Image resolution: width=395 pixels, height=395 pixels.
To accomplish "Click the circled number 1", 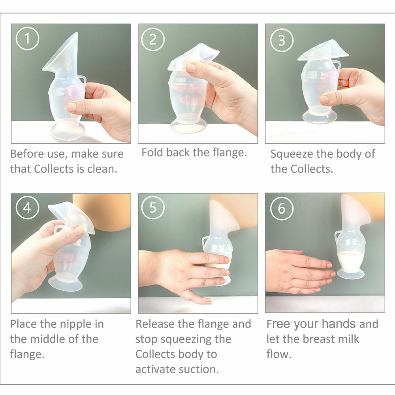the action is pos(27,39).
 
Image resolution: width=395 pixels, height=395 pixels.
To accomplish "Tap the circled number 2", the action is pos(152,39).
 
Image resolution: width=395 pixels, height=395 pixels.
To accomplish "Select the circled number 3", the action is pos(282,40).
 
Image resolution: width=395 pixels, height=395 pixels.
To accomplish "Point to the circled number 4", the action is pos(27,208).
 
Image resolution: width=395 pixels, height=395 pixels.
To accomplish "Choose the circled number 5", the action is pos(152,208).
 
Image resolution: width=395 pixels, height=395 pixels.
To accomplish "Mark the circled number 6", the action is pos(282,209).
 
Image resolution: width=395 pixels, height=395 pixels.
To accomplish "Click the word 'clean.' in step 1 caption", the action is pos(102,169).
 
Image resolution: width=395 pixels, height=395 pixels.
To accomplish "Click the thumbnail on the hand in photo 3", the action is pos(324,100).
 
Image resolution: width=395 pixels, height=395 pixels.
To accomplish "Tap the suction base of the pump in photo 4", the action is pos(66,284).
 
